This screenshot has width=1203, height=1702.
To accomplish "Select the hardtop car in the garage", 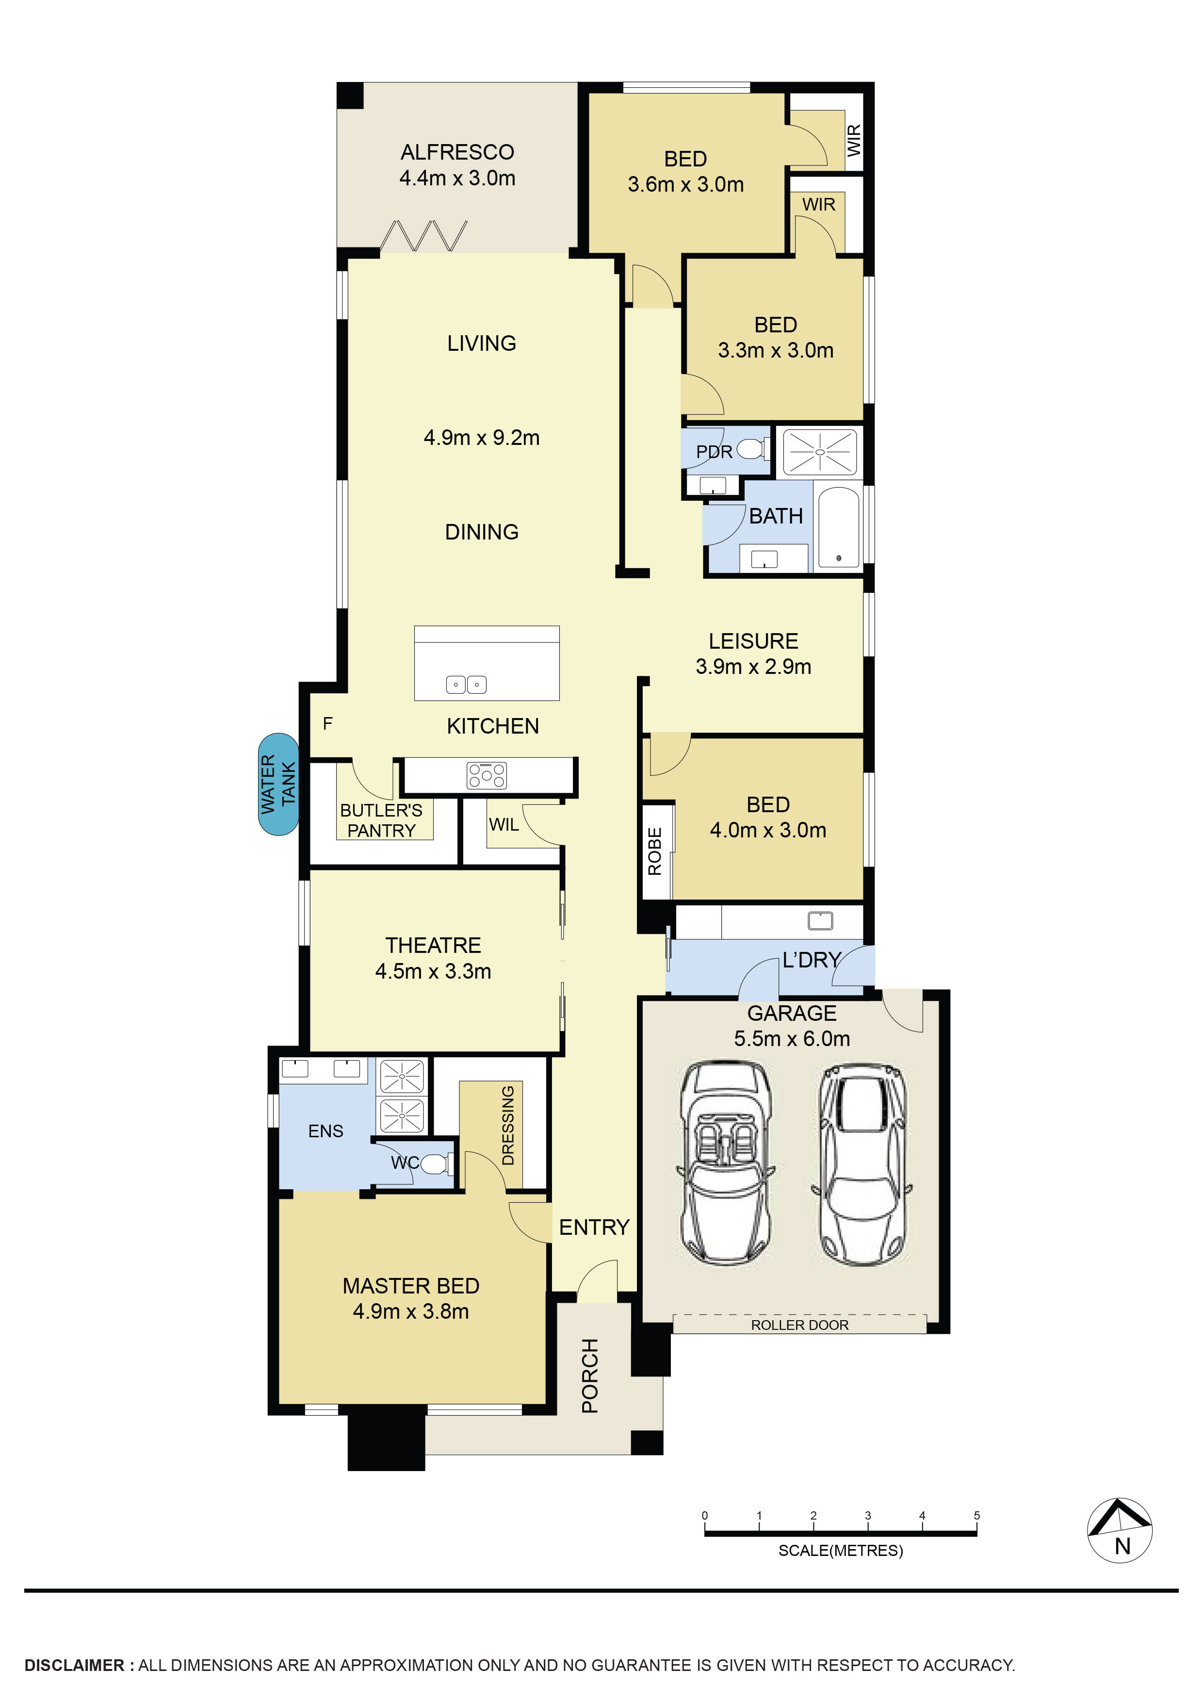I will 862,1166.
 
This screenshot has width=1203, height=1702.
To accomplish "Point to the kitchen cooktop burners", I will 486,775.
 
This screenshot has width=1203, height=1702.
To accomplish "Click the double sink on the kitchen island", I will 466,685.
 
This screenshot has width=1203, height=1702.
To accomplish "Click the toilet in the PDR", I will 751,448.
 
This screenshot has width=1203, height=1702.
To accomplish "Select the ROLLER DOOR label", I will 799,1325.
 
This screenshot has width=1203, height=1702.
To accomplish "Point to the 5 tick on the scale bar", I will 976,1516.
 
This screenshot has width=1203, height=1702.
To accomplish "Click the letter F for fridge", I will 327,723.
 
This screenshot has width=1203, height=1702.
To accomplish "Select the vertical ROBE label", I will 654,852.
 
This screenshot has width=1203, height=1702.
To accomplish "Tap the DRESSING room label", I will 508,1125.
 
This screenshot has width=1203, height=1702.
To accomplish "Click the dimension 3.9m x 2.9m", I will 753,667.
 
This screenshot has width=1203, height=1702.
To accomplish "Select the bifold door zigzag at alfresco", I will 423,236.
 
